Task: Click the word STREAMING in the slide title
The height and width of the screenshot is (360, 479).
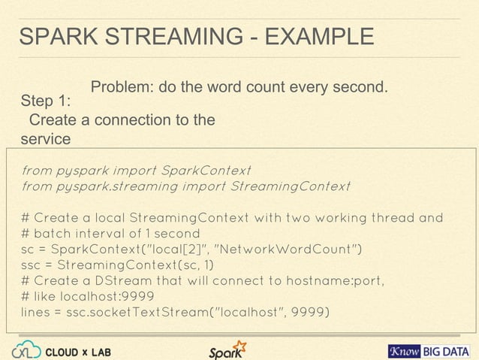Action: [164, 37]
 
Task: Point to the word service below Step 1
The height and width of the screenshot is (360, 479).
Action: [46, 139]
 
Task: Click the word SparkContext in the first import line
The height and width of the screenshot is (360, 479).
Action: [206, 168]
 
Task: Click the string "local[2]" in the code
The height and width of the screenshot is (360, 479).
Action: [181, 250]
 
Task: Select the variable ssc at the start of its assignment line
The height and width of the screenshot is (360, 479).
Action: [32, 265]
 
